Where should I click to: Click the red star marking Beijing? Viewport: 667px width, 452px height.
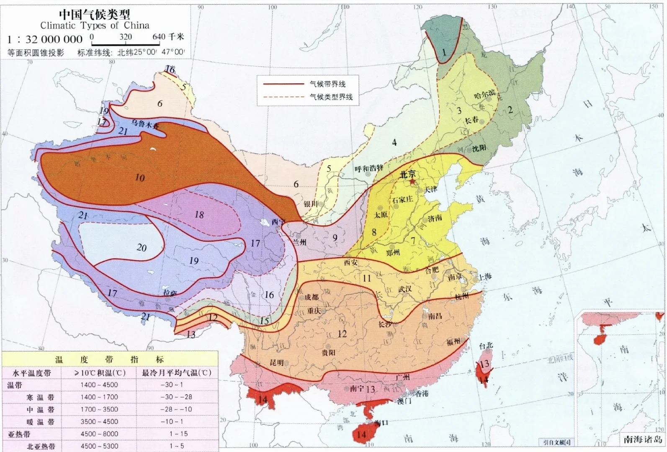coord(412,182)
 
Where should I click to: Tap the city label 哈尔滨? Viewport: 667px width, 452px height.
coord(484,95)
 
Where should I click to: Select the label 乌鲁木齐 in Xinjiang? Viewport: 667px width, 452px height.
coord(145,123)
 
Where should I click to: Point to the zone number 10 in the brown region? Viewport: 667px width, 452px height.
coord(139,178)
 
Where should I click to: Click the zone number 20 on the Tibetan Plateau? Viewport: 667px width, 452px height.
coord(142,248)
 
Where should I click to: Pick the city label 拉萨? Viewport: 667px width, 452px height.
coord(170,293)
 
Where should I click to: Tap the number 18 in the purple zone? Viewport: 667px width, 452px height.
coord(199,215)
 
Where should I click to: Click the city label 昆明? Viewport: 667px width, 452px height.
coord(276,362)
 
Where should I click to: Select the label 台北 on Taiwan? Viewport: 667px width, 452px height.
coord(486,346)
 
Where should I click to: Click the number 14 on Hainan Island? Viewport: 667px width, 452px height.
coord(361,435)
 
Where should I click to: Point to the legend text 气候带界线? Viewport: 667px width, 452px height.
coord(327,84)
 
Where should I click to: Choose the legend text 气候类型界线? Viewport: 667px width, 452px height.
coord(331,97)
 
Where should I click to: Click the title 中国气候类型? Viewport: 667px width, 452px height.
coord(94,14)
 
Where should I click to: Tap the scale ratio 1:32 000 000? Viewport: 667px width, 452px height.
coord(45,39)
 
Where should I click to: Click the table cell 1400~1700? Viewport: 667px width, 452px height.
coord(99,397)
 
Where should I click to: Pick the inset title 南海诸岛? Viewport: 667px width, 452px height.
coord(642,439)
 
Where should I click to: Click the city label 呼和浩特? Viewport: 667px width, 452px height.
coord(369,169)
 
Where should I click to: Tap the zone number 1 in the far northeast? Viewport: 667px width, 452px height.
coord(444,53)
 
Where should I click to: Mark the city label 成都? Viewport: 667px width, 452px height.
coord(311,297)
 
